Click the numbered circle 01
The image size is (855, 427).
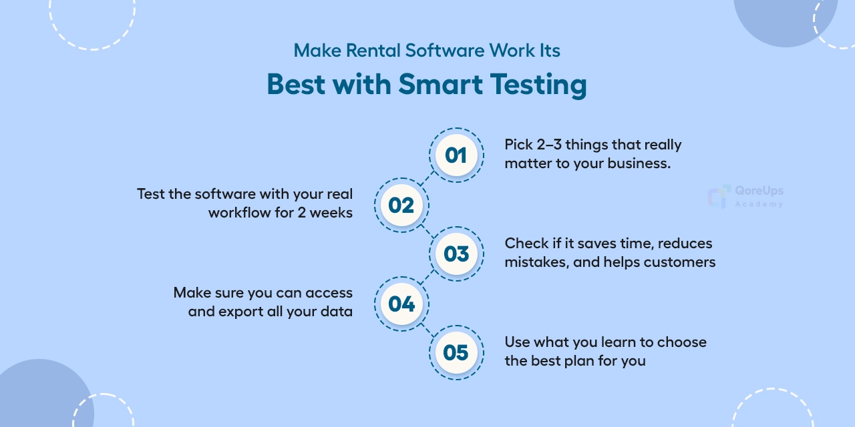(x=456, y=155)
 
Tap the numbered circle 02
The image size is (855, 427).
(x=401, y=205)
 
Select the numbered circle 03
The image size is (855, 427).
(x=456, y=254)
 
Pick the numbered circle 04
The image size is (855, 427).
(x=401, y=304)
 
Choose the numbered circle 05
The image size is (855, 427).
(x=456, y=353)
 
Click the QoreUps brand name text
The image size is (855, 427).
(x=759, y=191)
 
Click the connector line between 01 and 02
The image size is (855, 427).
(x=428, y=180)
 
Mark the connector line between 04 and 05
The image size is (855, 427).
(x=428, y=328)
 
